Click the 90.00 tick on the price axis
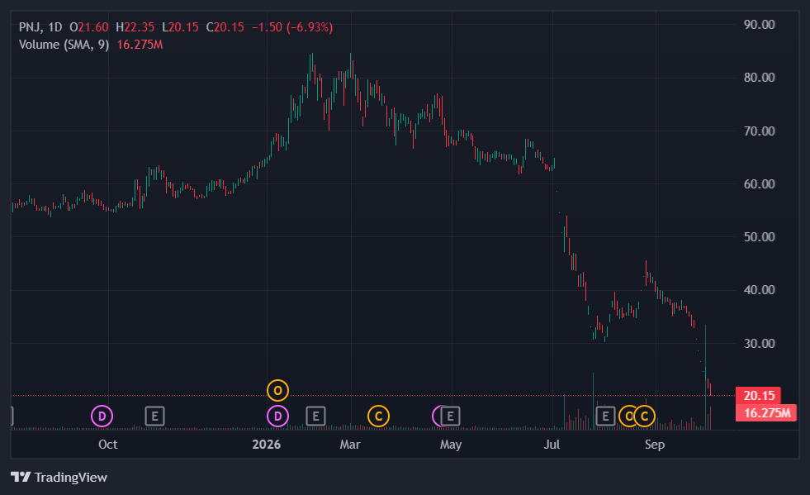click(759, 25)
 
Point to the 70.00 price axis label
click(759, 131)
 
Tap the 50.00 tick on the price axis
click(759, 237)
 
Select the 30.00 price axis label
click(759, 344)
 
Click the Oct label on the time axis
click(108, 445)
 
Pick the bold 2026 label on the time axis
click(267, 445)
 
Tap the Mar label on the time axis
click(350, 445)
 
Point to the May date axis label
click(451, 445)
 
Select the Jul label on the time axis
click(552, 445)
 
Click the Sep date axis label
click(655, 445)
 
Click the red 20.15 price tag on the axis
click(758, 396)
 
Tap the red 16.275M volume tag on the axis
click(766, 412)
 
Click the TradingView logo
click(59, 477)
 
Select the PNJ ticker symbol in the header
click(31, 27)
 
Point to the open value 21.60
click(93, 27)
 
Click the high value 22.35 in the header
click(139, 27)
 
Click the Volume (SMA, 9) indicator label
click(64, 45)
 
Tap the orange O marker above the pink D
click(278, 391)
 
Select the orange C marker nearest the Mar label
click(379, 416)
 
